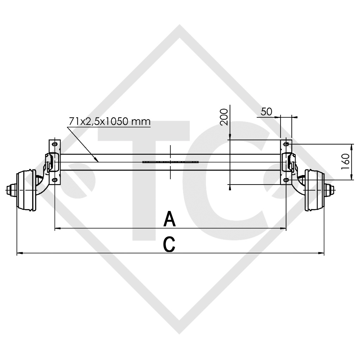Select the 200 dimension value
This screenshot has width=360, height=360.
(224, 117)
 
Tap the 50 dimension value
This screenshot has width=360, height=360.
(266, 111)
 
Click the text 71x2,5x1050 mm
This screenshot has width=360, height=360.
(109, 122)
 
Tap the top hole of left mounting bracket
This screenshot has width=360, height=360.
(54, 144)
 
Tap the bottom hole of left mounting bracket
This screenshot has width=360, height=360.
(54, 180)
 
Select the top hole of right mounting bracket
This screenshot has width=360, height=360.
(286, 144)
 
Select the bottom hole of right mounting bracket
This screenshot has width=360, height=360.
(286, 180)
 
